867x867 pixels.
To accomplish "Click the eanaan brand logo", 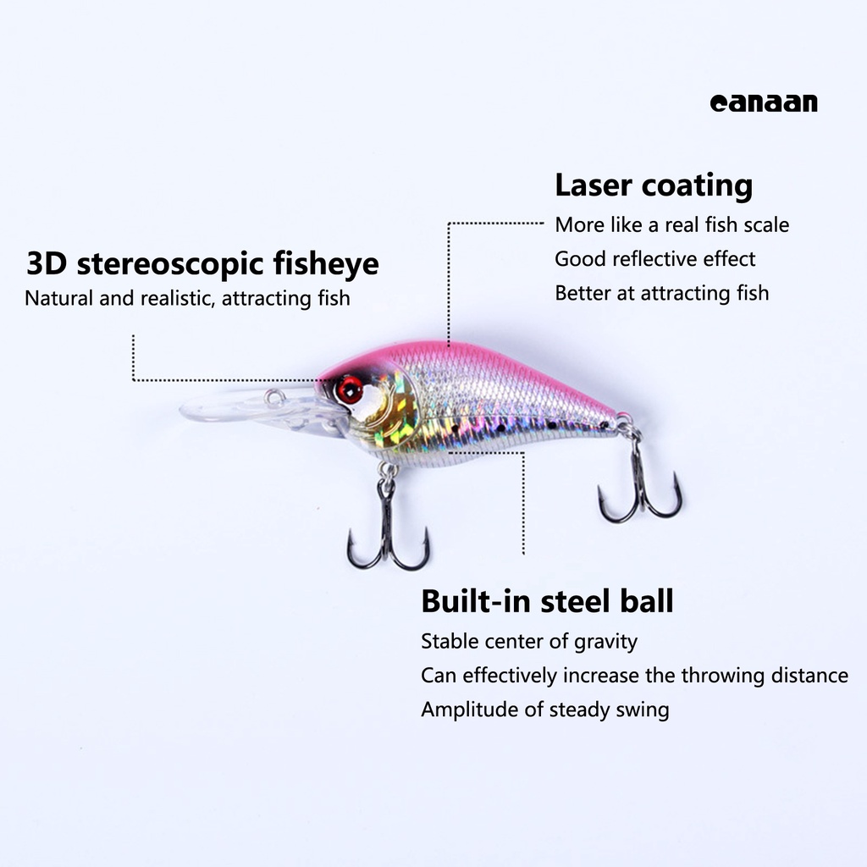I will [764, 103].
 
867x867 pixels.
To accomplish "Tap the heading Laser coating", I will [653, 185].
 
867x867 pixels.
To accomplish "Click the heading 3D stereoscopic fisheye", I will [202, 263].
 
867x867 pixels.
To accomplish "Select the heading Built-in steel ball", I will [547, 601].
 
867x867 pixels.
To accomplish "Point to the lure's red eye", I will [349, 389].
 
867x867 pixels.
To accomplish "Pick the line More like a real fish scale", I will [671, 225].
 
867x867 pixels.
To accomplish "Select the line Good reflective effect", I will [654, 259].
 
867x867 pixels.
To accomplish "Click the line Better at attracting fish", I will [661, 293].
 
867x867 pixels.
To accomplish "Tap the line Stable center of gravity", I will [528, 641].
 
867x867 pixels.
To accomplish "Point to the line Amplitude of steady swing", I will [544, 710].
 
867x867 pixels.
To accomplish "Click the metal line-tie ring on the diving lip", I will [273, 397].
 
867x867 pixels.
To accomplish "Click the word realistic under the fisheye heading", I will [174, 298].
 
